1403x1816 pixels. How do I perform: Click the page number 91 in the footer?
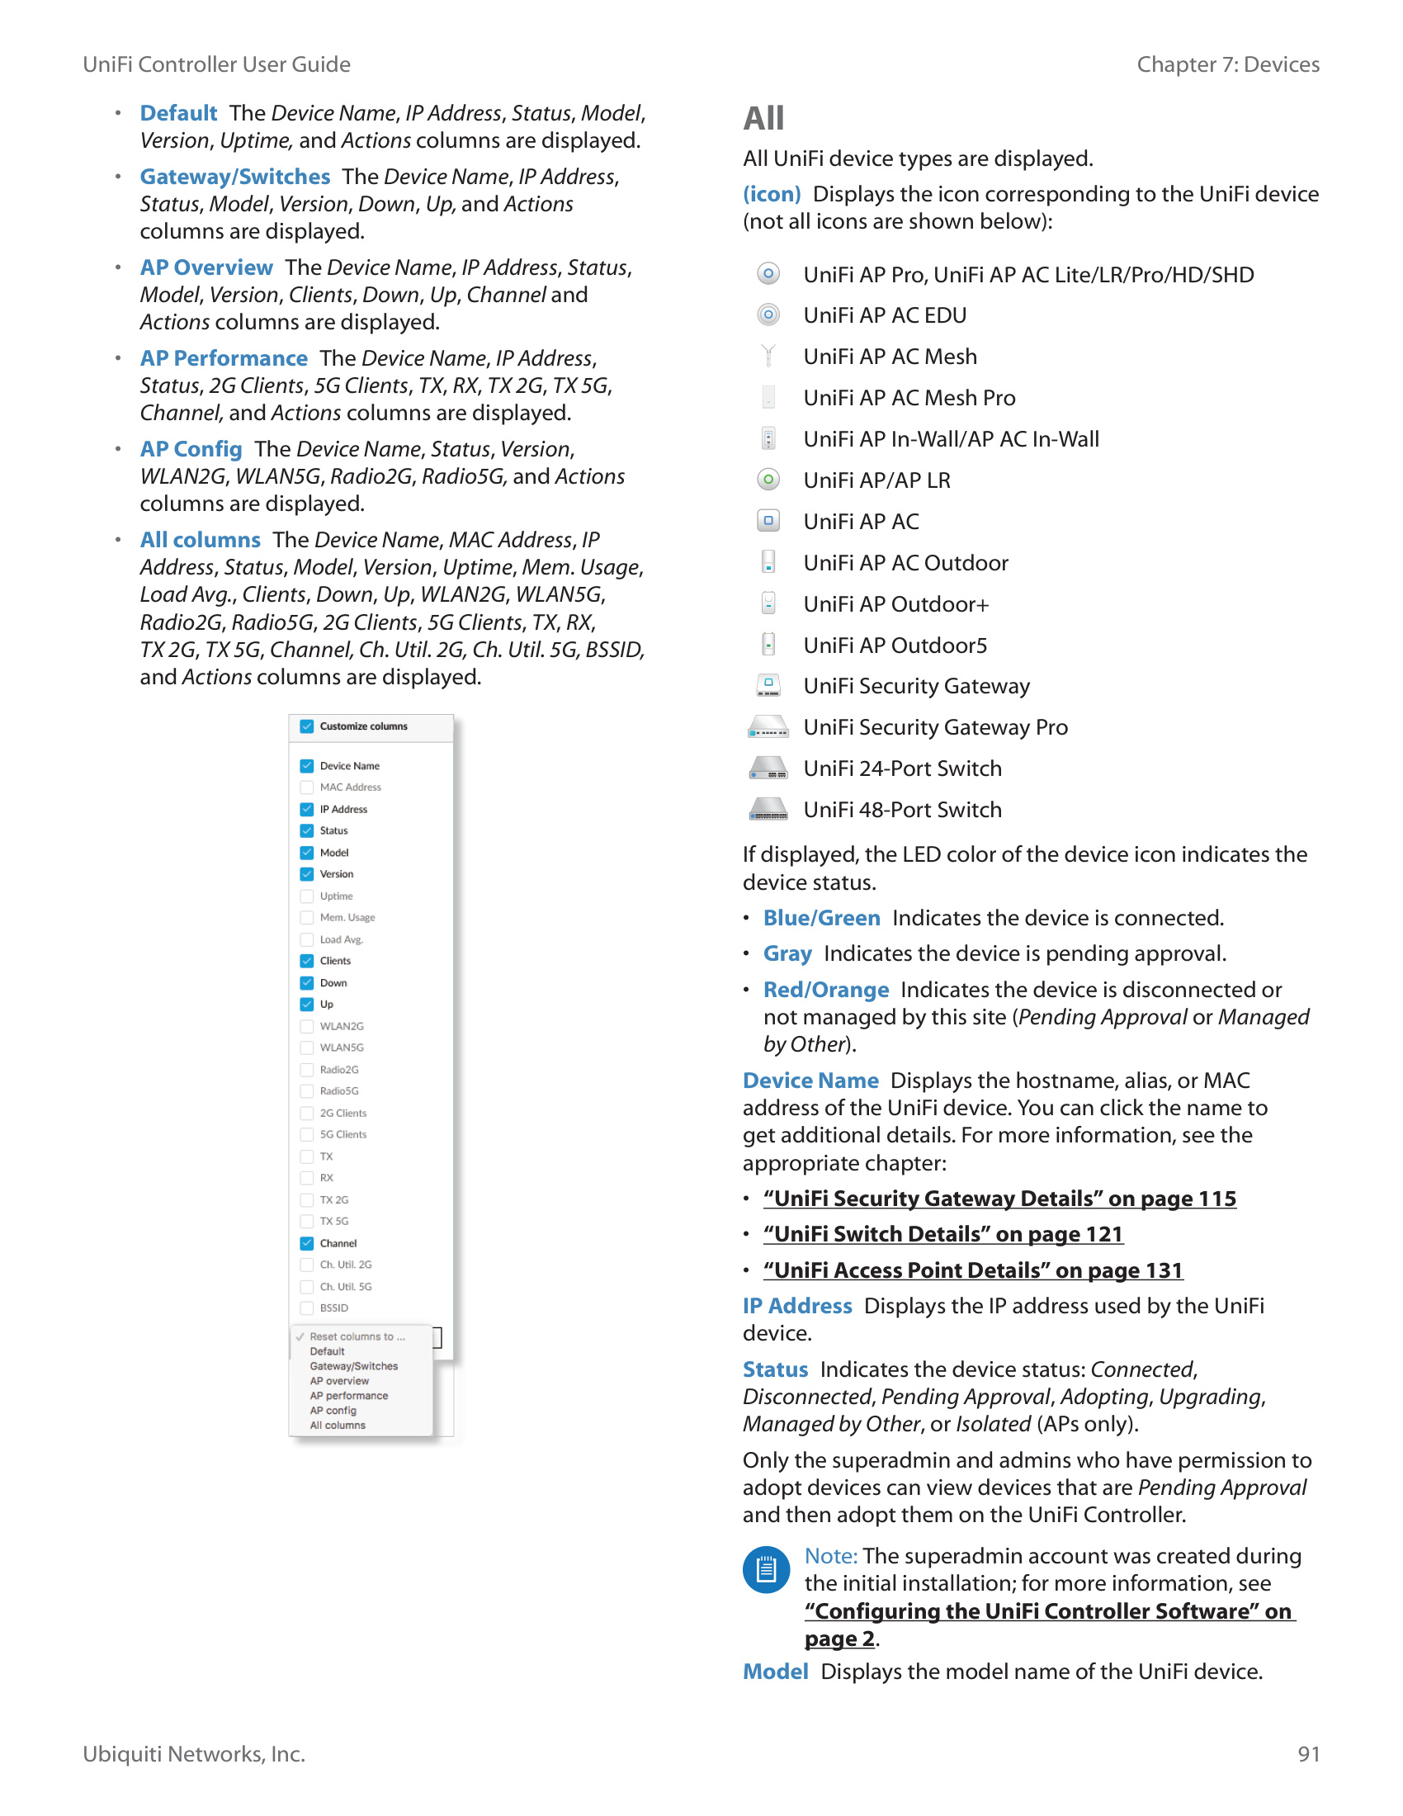click(1308, 1753)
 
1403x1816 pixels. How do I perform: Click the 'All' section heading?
click(764, 118)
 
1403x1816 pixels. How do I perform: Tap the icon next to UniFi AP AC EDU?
click(769, 315)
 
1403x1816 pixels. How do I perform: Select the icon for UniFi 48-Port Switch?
click(768, 809)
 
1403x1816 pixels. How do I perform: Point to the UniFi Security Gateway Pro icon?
click(768, 727)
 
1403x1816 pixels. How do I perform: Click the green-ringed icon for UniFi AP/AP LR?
click(769, 480)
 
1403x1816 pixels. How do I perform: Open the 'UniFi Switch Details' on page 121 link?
click(942, 1234)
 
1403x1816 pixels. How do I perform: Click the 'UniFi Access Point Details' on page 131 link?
click(972, 1270)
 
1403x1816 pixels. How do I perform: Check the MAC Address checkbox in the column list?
click(307, 787)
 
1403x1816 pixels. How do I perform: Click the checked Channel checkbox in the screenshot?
click(307, 1243)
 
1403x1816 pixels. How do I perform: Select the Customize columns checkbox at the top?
click(307, 726)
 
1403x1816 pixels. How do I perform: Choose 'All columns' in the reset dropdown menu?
click(338, 1426)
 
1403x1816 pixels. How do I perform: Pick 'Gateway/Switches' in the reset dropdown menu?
click(354, 1366)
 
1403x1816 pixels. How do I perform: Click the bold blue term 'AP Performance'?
click(224, 358)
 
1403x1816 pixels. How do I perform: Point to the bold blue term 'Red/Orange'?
click(825, 990)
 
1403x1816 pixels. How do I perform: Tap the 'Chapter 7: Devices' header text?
click(1228, 64)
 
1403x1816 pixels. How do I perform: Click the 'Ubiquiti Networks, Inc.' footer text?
click(194, 1753)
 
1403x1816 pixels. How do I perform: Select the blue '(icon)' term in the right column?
click(772, 194)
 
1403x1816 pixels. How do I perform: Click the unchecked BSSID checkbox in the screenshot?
click(307, 1308)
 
